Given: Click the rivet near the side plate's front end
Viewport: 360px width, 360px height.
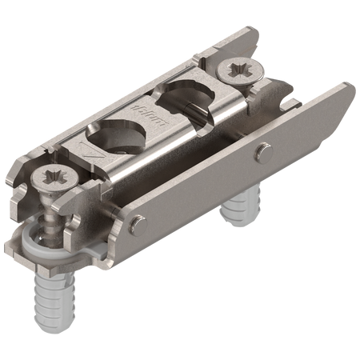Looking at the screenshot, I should [x=138, y=222].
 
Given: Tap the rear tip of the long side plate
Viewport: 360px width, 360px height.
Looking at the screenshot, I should [x=346, y=86].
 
